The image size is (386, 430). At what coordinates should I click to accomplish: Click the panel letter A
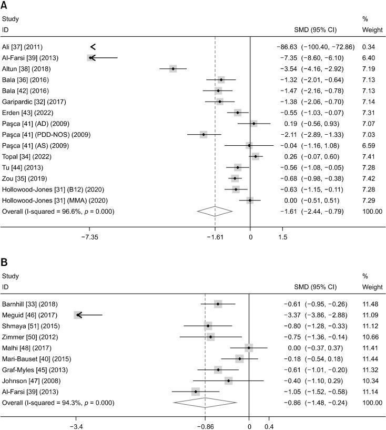5,6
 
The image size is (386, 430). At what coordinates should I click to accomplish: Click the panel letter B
5,262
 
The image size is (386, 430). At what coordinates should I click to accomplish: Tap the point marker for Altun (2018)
173,68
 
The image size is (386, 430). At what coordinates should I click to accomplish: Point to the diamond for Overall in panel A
215,211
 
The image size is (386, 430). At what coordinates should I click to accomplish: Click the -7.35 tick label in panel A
89,237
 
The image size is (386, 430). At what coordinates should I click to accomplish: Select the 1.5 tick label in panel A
283,237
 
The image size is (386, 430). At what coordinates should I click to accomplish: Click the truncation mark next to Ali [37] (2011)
93,47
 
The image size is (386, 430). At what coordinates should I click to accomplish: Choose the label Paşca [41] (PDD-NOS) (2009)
46,135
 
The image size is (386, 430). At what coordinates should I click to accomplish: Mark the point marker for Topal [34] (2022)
256,156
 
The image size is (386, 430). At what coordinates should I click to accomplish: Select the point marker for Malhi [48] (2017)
249,348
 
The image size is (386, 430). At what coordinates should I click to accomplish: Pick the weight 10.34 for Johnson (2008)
372,381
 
